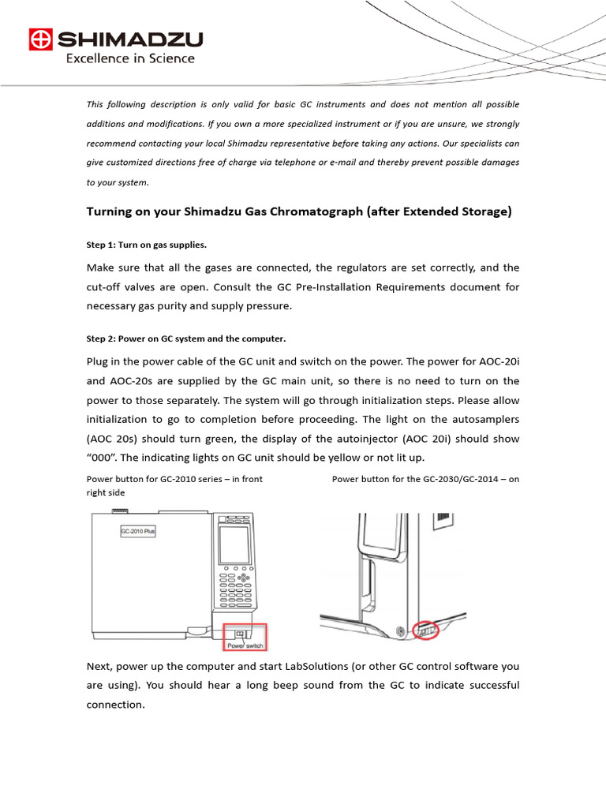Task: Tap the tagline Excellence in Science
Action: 129,58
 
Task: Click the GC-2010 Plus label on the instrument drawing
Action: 138,532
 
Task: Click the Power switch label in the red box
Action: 245,645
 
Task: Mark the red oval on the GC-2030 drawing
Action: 425,630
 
